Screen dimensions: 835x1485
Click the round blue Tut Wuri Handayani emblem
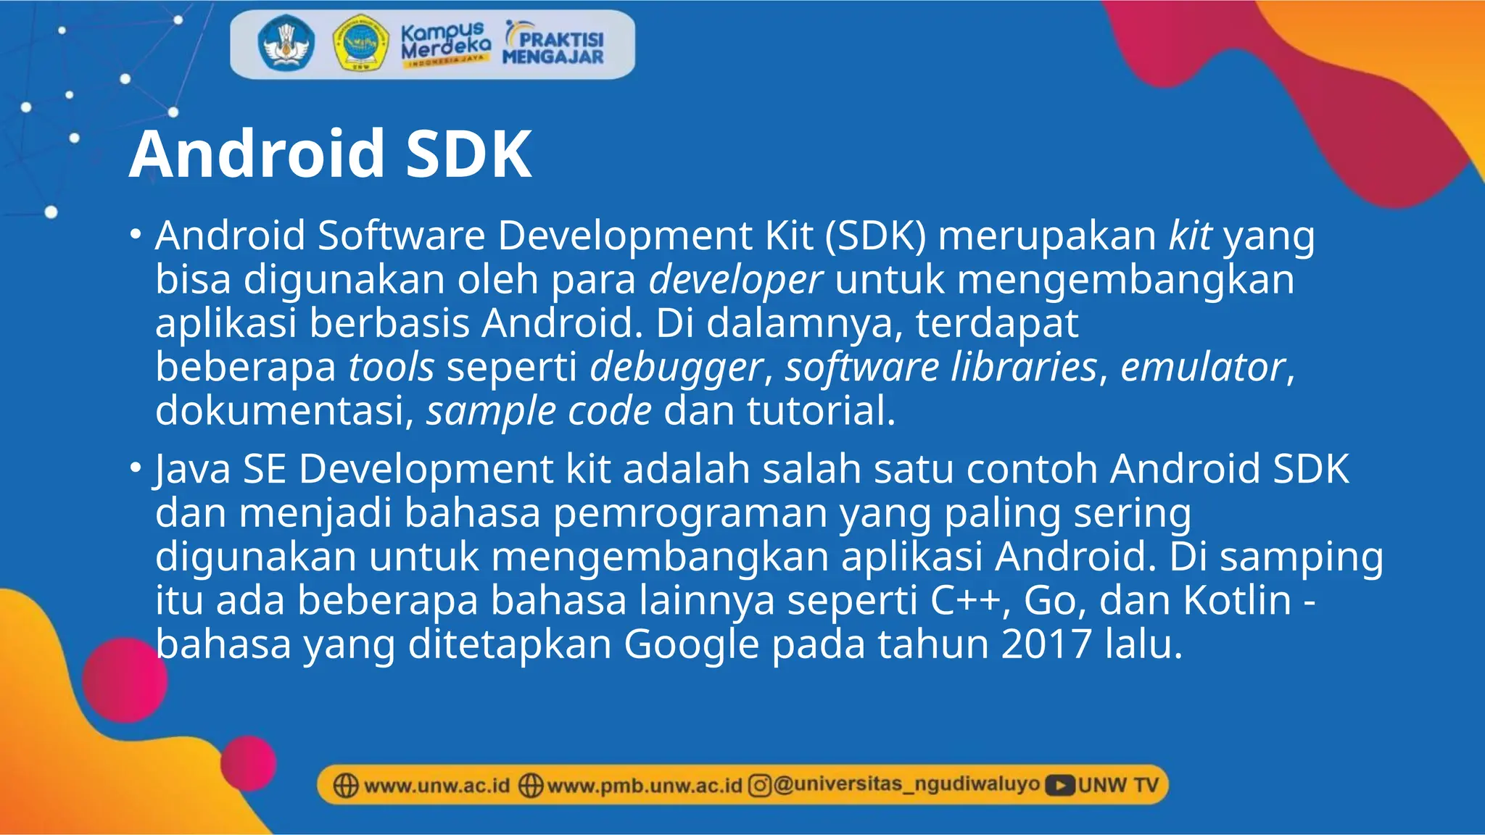pyautogui.click(x=286, y=43)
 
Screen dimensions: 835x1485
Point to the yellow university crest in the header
pyautogui.click(x=360, y=44)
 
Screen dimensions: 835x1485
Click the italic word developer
pyautogui.click(x=735, y=281)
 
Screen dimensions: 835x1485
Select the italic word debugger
pyautogui.click(x=677, y=367)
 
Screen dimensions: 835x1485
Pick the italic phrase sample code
pyautogui.click(x=539, y=412)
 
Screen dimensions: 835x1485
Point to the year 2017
pyautogui.click(x=1046, y=644)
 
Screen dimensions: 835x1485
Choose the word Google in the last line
pyautogui.click(x=691, y=644)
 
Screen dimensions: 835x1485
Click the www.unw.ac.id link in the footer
pyautogui.click(x=437, y=786)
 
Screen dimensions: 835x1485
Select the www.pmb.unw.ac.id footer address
pyautogui.click(x=645, y=786)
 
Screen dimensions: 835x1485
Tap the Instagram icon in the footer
pyautogui.click(x=759, y=786)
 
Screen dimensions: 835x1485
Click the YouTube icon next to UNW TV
pyautogui.click(x=1060, y=786)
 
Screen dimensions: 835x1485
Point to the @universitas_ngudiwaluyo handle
pyautogui.click(x=906, y=784)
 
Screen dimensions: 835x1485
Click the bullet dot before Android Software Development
pyautogui.click(x=136, y=236)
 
